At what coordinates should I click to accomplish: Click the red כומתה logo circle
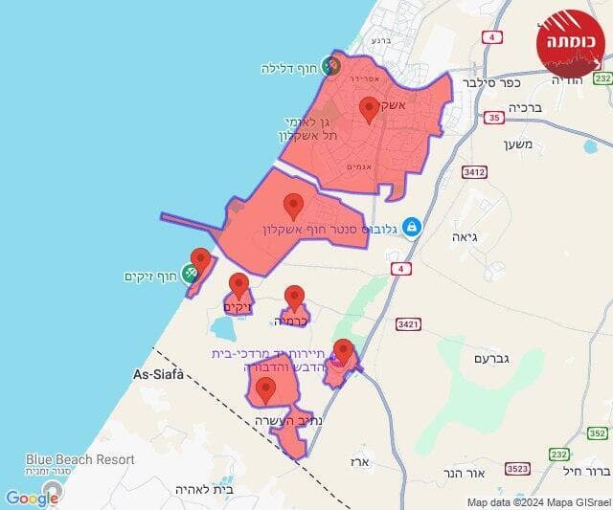pyautogui.click(x=571, y=42)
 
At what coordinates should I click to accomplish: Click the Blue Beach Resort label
pyautogui.click(x=80, y=459)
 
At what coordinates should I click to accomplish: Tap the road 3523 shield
pyautogui.click(x=518, y=468)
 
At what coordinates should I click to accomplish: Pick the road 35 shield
pyautogui.click(x=494, y=118)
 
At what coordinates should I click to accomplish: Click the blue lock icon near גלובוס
pyautogui.click(x=411, y=227)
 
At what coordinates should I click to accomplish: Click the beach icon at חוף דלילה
pyautogui.click(x=330, y=66)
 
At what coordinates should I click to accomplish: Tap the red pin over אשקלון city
pyautogui.click(x=369, y=109)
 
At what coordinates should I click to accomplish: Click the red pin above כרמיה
pyautogui.click(x=295, y=299)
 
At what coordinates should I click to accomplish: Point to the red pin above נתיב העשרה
pyautogui.click(x=265, y=388)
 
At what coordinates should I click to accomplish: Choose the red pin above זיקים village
pyautogui.click(x=238, y=285)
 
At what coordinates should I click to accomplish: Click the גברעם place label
pyautogui.click(x=493, y=358)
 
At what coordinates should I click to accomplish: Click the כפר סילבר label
pyautogui.click(x=485, y=83)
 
